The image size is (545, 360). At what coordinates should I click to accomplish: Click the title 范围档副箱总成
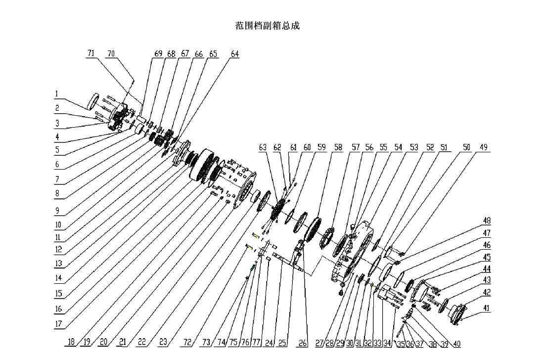[267, 26]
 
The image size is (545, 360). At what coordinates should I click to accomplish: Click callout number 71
[91, 53]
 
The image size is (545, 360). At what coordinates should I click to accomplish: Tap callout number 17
[58, 324]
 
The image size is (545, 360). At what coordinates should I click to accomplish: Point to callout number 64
[234, 54]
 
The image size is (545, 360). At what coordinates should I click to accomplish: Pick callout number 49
[483, 147]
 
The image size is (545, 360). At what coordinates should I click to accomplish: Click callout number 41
[487, 308]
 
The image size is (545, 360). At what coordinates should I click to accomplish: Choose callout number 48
[487, 221]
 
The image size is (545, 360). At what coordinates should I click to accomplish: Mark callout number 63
[263, 147]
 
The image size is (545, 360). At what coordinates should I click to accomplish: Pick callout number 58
[338, 147]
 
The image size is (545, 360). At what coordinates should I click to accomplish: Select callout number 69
[158, 54]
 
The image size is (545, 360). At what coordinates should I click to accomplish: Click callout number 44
[487, 269]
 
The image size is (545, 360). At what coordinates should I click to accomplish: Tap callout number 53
[414, 147]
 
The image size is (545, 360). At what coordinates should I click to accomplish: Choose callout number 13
[58, 264]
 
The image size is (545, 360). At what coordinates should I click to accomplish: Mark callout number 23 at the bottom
[163, 342]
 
